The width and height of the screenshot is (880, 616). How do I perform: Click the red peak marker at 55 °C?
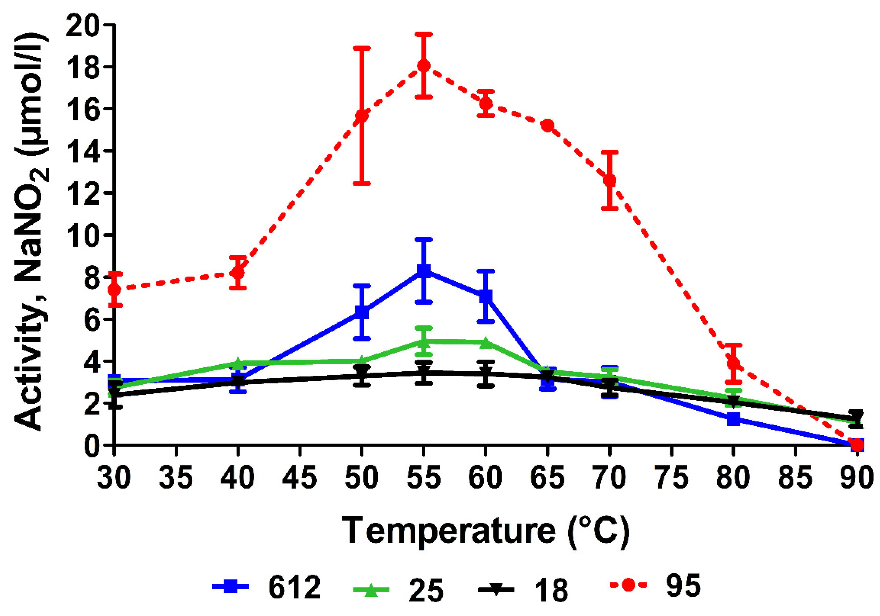pos(423,65)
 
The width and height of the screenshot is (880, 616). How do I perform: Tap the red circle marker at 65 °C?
pos(548,125)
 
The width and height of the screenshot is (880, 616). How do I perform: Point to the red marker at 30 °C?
pos(114,289)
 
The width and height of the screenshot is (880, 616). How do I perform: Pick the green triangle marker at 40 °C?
pos(238,363)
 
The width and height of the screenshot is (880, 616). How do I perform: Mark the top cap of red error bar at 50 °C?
pos(362,48)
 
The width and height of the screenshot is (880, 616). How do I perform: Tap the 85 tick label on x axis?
pos(795,478)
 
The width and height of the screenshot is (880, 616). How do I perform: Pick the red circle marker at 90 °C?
pos(857,445)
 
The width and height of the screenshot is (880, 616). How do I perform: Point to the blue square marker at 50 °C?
pos(362,312)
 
